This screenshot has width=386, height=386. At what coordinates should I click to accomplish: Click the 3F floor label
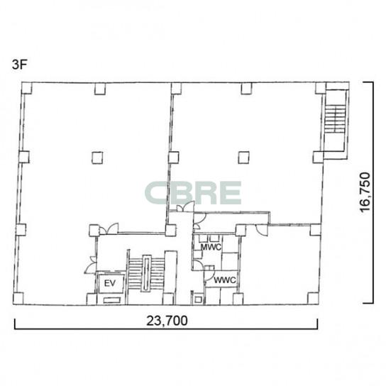pos(19,65)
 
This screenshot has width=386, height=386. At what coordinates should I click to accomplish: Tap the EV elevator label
pos(110,283)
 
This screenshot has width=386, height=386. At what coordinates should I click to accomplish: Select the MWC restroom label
pos(211,247)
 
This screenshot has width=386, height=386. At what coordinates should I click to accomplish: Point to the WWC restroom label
pos(225,280)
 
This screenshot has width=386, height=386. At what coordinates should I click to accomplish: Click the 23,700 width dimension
pos(167,321)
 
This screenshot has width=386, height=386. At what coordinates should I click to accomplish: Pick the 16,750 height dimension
pos(365,192)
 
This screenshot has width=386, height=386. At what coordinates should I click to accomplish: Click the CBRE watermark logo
pos(193,193)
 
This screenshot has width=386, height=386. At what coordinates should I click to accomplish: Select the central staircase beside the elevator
pos(146,273)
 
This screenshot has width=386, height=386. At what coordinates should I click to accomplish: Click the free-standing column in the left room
pos(97,158)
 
